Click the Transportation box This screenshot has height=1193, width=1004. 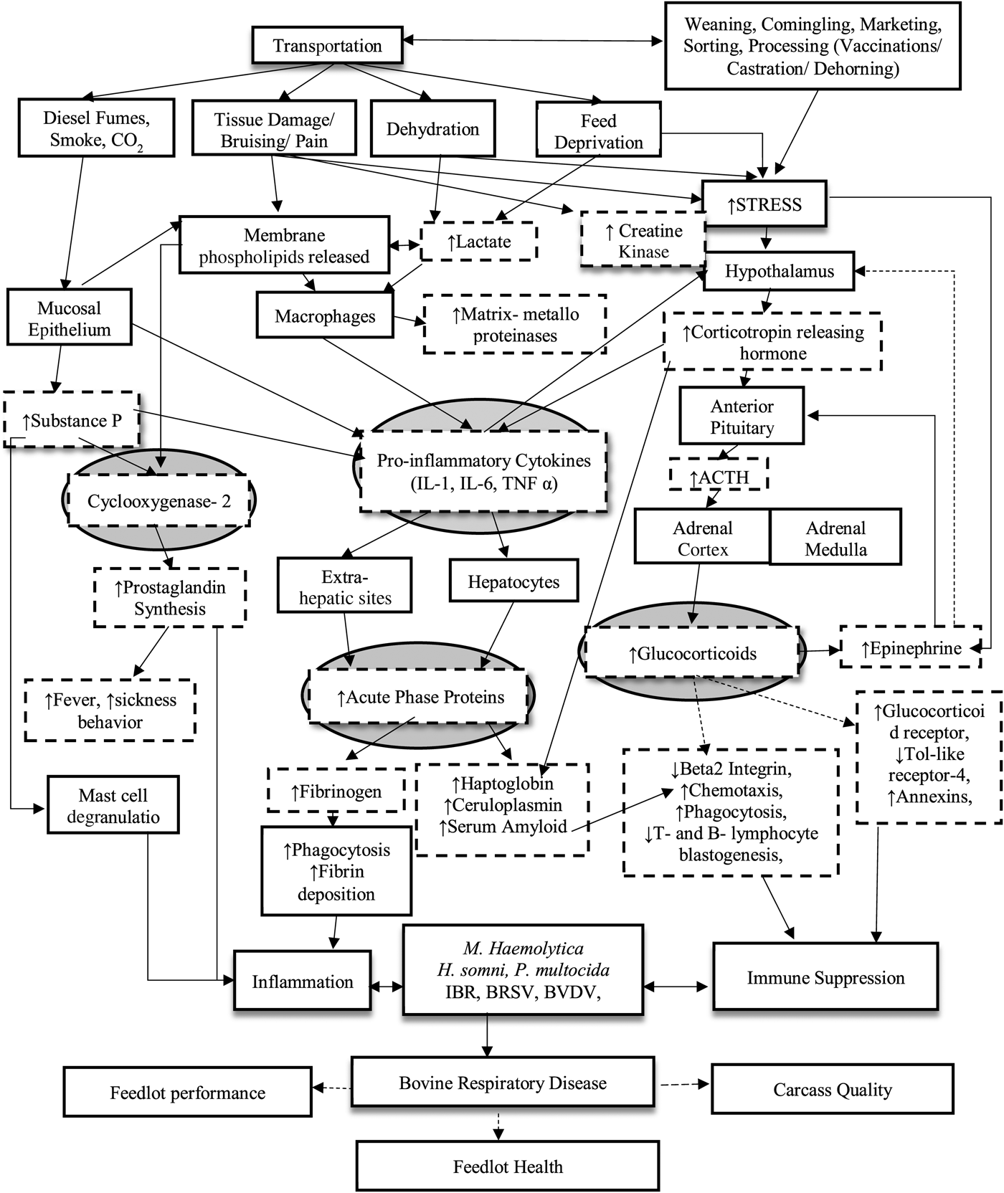tap(327, 46)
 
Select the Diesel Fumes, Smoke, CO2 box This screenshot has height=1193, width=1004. tap(96, 128)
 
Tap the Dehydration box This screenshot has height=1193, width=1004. tap(432, 129)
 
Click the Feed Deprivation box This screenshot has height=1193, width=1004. tap(598, 131)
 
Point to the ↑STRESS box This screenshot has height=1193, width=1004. tap(764, 204)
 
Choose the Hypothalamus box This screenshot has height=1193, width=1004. tap(779, 271)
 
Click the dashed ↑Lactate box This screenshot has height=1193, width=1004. tap(479, 242)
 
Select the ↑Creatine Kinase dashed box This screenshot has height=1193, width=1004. tap(643, 240)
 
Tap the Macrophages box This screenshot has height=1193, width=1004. tap(325, 316)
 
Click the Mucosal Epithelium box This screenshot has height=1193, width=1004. tap(69, 318)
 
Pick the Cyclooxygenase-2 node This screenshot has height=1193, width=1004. tap(159, 500)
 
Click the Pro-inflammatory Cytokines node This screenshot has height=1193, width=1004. tap(484, 471)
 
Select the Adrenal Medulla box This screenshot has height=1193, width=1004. tap(835, 538)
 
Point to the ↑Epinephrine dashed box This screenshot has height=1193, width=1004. tap(911, 648)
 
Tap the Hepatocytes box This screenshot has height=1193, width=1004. tap(513, 581)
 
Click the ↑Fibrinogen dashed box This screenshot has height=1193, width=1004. tap(336, 792)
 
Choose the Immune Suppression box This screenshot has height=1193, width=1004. tap(825, 978)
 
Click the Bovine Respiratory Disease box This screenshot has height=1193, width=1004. tap(503, 1083)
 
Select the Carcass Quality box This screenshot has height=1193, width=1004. tap(832, 1090)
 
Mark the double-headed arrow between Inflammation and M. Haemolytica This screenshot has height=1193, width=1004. tap(387, 987)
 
